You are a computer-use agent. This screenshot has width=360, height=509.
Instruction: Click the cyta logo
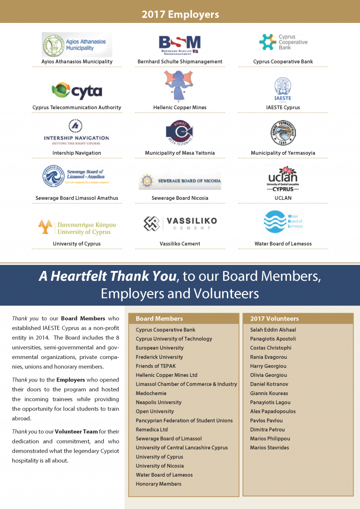pyautogui.click(x=76, y=91)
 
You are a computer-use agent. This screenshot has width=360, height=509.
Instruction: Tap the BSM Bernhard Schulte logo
pyautogui.click(x=180, y=45)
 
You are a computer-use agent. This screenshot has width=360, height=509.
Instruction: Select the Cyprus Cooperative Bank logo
pyautogui.click(x=283, y=42)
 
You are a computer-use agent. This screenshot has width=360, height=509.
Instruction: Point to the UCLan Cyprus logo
pyautogui.click(x=283, y=179)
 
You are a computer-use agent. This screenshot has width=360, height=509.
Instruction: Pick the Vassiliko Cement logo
pyautogui.click(x=180, y=224)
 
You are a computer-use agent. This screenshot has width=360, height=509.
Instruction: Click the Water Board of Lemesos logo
pyautogui.click(x=283, y=222)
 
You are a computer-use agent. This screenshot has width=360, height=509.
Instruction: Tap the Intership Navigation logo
pyautogui.click(x=76, y=133)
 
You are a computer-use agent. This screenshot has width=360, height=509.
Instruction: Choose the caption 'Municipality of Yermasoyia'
pyautogui.click(x=283, y=153)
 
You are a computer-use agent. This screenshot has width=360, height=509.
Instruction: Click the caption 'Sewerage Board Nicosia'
pyautogui.click(x=180, y=198)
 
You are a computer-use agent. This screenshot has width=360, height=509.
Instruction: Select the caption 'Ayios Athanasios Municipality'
pyautogui.click(x=77, y=61)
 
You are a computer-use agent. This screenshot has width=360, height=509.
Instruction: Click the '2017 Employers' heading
pyautogui.click(x=180, y=15)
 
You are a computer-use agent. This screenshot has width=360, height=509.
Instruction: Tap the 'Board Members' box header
pyautogui.click(x=159, y=319)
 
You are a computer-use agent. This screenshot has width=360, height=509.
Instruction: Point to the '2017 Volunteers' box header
pyautogui.click(x=274, y=319)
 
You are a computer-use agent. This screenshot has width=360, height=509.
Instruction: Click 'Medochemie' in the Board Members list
pyautogui.click(x=151, y=393)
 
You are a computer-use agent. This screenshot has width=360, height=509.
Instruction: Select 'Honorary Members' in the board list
pyautogui.click(x=158, y=484)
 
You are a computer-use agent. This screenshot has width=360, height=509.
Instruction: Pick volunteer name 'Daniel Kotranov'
pyautogui.click(x=269, y=384)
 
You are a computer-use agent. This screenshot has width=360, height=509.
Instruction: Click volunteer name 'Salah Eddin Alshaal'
pyautogui.click(x=273, y=330)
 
